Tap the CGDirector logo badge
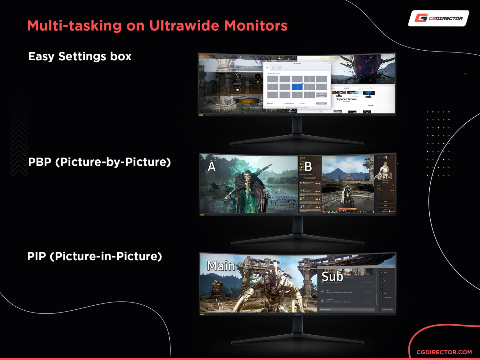(438, 18)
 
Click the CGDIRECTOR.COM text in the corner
(444, 352)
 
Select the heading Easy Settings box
(80, 56)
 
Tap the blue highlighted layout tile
(297, 87)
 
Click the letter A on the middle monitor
(212, 167)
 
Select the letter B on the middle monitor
(308, 167)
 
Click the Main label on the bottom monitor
(221, 266)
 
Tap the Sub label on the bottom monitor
(332, 277)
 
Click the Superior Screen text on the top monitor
(346, 99)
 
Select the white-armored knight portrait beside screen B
(385, 170)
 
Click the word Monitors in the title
(256, 26)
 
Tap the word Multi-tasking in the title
(74, 26)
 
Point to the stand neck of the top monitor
(297, 125)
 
